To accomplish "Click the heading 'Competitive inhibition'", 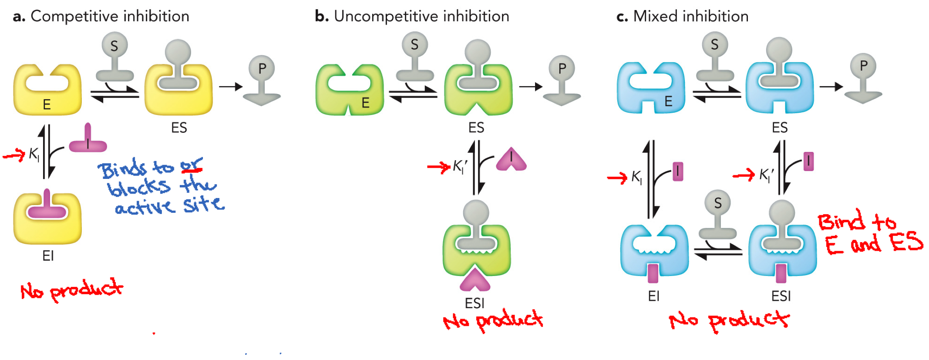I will coord(110,17).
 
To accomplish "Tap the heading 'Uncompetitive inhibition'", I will coord(421,17).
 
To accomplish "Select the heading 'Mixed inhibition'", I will coord(690,17).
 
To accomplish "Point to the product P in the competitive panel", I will coord(262,80).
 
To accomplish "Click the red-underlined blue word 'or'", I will coord(192,165).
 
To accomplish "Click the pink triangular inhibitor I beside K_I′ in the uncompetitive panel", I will coord(512,160).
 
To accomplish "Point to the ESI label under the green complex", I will coord(475,303).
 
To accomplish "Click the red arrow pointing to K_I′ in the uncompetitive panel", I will coord(438,167).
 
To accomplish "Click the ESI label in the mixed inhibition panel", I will coord(781,296).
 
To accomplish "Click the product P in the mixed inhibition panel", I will coord(863,78).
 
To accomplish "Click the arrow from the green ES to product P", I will coord(530,87).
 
